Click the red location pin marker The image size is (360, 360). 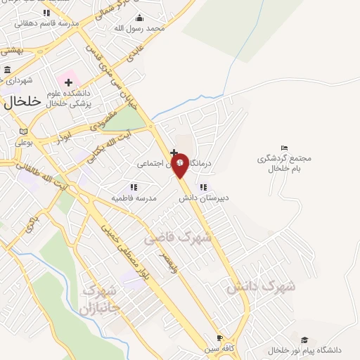tap(180, 164)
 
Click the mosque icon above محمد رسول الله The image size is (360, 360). tap(139, 18)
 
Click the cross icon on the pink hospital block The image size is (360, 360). tap(68, 84)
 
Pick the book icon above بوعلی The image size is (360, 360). tap(24, 131)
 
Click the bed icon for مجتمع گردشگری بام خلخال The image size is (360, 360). tap(284, 148)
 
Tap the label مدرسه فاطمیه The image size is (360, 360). tap(134, 198)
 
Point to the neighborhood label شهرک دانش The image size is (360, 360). tap(261, 287)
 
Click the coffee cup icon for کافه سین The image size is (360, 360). tap(219, 337)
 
